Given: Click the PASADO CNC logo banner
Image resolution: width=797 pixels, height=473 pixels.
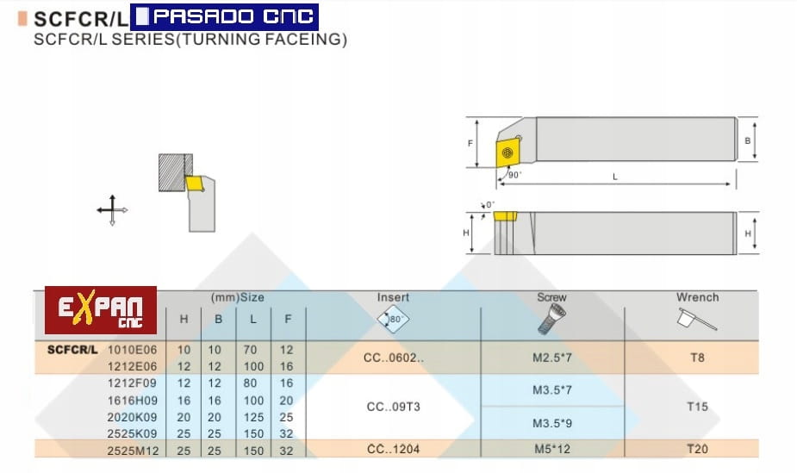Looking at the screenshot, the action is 224,16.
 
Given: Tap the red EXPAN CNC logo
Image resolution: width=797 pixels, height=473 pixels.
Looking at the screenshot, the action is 101,310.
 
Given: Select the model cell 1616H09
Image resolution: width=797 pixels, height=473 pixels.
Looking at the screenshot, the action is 132,401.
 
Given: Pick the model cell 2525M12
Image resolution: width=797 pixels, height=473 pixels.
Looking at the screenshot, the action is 133,450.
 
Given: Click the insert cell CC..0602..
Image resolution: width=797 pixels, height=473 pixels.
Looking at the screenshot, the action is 394,358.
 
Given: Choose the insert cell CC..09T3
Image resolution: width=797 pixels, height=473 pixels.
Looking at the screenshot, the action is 394,407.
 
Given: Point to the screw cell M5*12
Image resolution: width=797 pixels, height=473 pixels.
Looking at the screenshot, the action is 552,449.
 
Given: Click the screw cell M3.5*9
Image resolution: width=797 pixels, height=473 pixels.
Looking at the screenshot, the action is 552,423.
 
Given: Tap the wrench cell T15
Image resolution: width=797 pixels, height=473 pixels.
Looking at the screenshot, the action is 697,407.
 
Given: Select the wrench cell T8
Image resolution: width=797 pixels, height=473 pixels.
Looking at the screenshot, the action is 697,358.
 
